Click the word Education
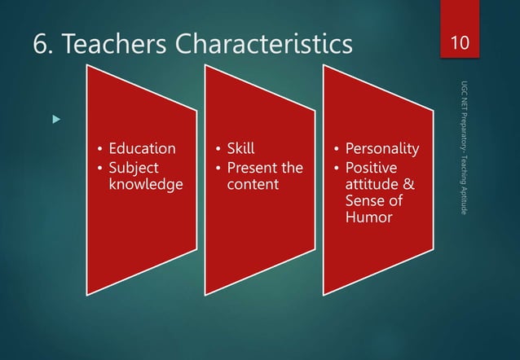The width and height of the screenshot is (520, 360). point(142,149)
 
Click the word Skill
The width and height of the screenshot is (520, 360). point(240,149)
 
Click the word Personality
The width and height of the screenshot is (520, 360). point(382,149)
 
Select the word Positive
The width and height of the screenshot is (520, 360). point(372,167)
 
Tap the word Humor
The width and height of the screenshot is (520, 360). point(369,217)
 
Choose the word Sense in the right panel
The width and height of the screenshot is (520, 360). point(364,201)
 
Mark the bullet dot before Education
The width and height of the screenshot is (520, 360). point(100,149)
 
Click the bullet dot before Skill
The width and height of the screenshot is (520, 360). point(218,149)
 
